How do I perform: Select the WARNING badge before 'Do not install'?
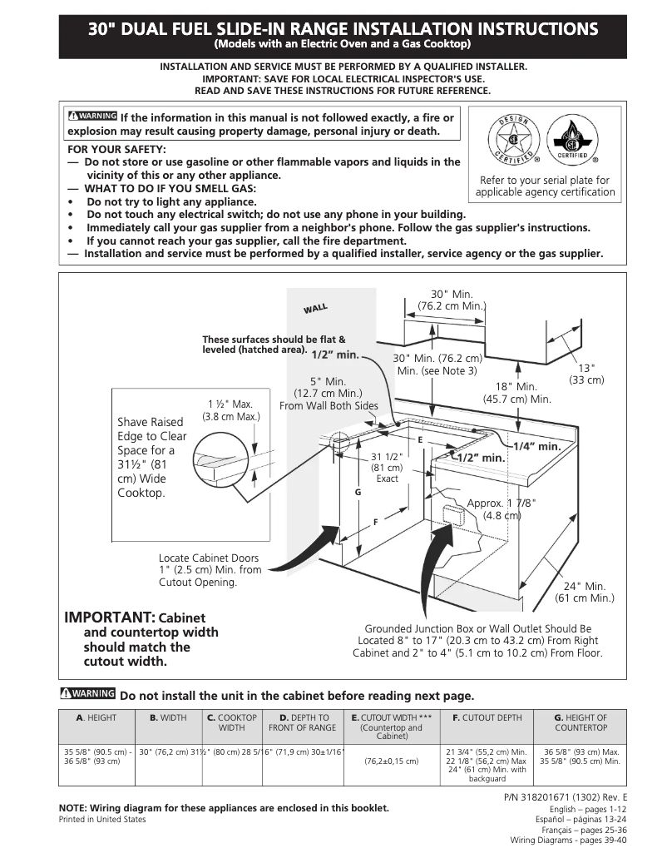87,695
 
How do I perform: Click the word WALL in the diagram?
315,309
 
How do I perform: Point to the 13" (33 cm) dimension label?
586,374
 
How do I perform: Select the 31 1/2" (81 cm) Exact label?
387,468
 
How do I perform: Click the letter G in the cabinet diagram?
358,493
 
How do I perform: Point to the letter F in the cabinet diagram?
375,522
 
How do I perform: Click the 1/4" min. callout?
536,447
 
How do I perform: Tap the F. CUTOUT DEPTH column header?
487,717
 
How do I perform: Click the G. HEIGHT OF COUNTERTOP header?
581,722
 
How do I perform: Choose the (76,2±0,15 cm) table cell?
391,761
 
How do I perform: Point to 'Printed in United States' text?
102,820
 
